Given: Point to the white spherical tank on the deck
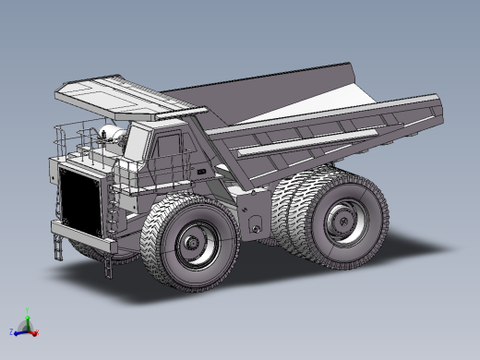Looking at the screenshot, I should coord(112,135).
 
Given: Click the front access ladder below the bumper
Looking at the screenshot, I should coord(60,246).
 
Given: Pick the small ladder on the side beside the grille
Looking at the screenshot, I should coord(113,212).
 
